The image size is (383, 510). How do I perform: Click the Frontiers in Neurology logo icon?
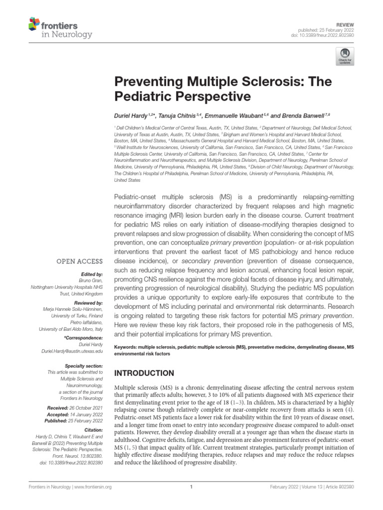[x=33, y=23]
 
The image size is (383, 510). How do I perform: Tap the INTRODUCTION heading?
[x=144, y=373]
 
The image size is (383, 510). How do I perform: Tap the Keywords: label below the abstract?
[x=128, y=347]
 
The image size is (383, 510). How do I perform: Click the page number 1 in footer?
[x=191, y=501]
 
